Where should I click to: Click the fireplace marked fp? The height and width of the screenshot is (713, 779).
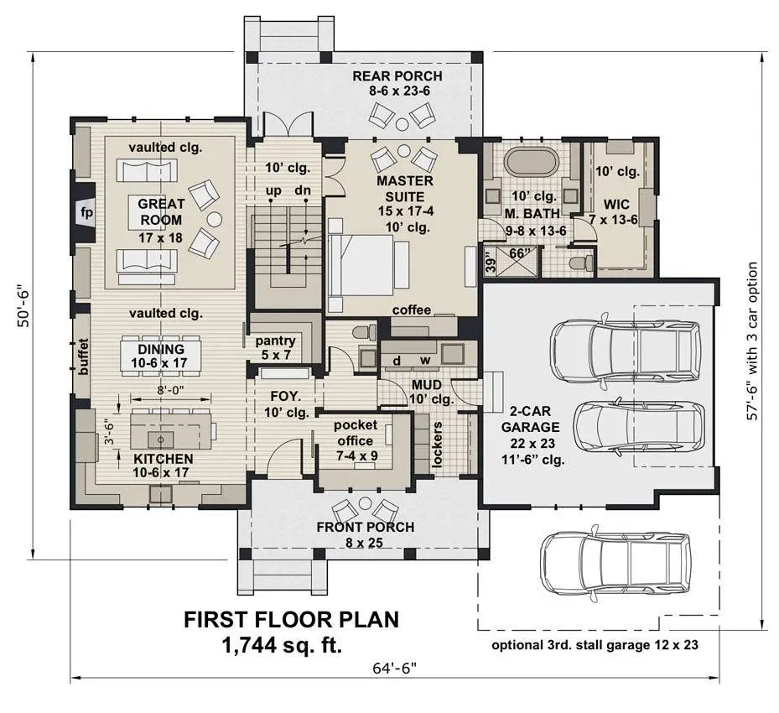(86, 213)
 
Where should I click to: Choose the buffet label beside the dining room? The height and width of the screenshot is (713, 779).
(82, 356)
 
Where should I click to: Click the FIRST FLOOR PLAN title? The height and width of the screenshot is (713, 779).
(292, 620)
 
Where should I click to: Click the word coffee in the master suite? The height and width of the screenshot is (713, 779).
(412, 310)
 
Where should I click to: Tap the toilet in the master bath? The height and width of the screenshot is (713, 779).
(579, 263)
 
